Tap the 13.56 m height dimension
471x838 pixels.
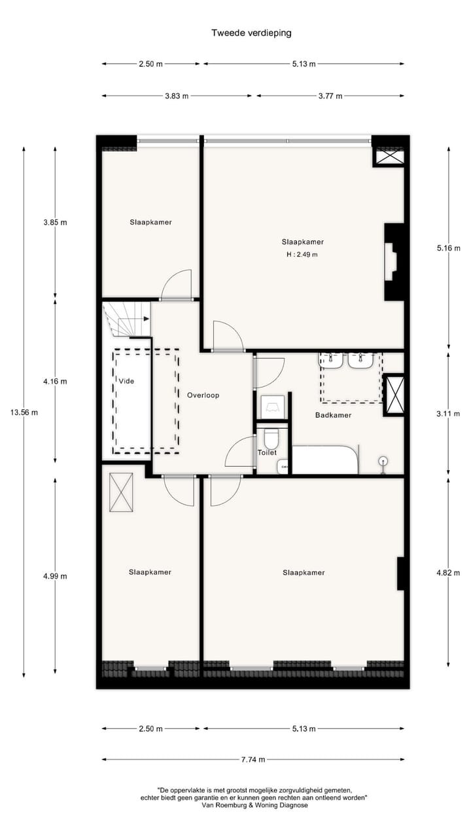(24, 412)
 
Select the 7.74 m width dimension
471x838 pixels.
(252, 759)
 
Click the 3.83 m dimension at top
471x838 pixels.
(176, 96)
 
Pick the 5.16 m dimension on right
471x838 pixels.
(448, 248)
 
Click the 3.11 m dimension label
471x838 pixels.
(448, 414)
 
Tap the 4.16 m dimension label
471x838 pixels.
(55, 381)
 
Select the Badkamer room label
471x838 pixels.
(333, 415)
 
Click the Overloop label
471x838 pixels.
(203, 395)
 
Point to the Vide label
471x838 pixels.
(126, 381)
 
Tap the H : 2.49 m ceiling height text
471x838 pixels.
(302, 255)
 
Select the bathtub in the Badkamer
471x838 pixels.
(325, 460)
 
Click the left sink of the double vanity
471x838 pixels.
(332, 359)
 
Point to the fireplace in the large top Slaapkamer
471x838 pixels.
(392, 262)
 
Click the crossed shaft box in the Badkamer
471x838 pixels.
(394, 394)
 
